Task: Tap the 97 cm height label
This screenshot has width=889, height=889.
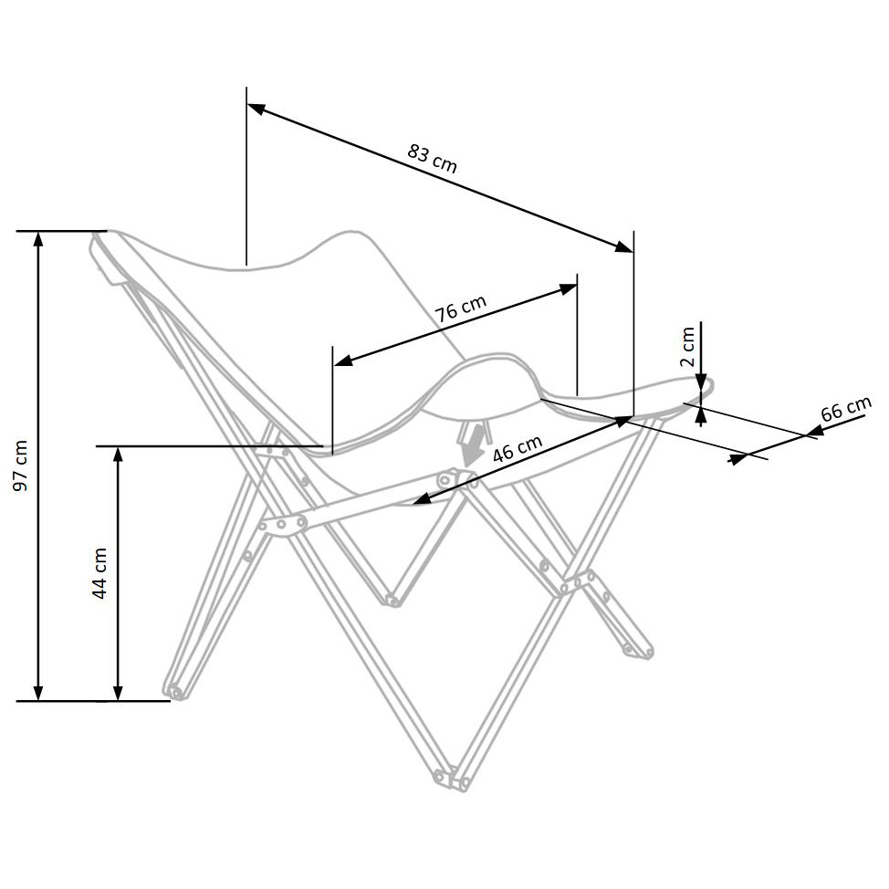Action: [21, 465]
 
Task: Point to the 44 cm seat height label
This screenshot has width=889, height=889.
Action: [99, 572]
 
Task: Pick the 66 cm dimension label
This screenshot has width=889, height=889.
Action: [845, 408]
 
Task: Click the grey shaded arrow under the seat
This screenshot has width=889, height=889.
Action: [472, 448]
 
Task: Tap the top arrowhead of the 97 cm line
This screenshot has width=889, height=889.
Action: [38, 240]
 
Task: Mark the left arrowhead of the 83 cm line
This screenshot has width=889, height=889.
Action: [256, 109]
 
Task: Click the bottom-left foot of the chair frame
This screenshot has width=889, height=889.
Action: [173, 689]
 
